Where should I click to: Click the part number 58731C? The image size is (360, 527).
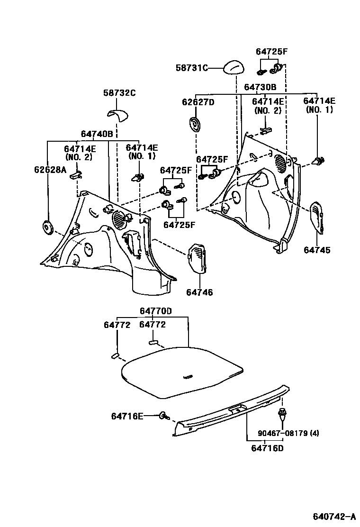pos(192,68)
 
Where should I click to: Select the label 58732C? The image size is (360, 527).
pos(119,93)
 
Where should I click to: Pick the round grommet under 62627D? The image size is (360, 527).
pos(194,125)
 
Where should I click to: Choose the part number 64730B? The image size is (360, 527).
pos(260,87)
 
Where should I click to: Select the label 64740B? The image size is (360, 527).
pos(97,134)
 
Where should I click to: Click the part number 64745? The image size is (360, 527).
pos(317,250)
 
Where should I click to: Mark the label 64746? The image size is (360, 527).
pos(199,292)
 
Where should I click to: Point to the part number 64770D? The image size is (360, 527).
pos(155,311)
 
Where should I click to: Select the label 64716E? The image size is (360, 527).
pos(127,416)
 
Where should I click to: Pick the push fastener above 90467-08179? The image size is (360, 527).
pos(282,414)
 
